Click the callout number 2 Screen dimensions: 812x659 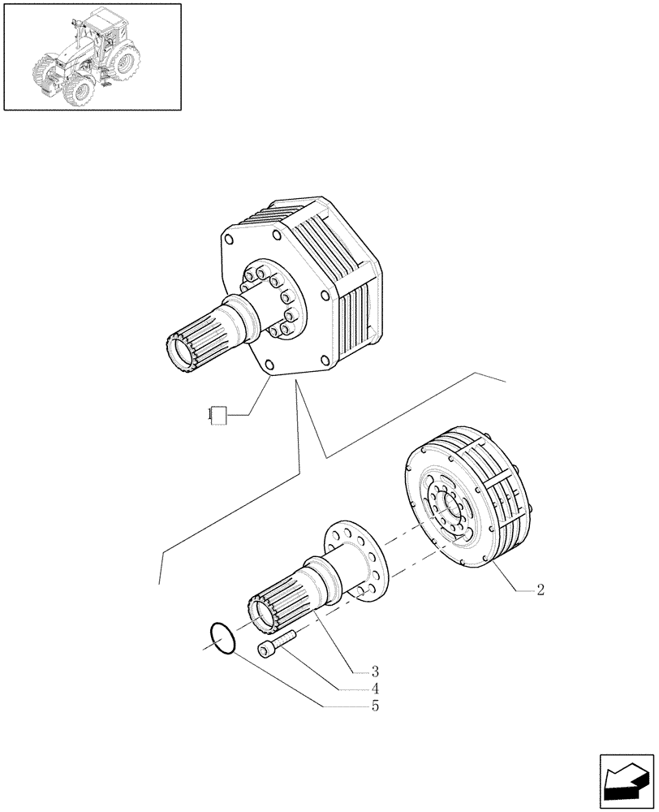[541, 590]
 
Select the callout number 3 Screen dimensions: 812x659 [376, 672]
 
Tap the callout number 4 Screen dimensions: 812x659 [376, 689]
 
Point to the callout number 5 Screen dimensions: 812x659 [376, 706]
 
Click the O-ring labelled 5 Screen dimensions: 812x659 [222, 637]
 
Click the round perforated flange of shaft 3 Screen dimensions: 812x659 [357, 560]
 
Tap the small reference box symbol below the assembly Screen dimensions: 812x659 [216, 415]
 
